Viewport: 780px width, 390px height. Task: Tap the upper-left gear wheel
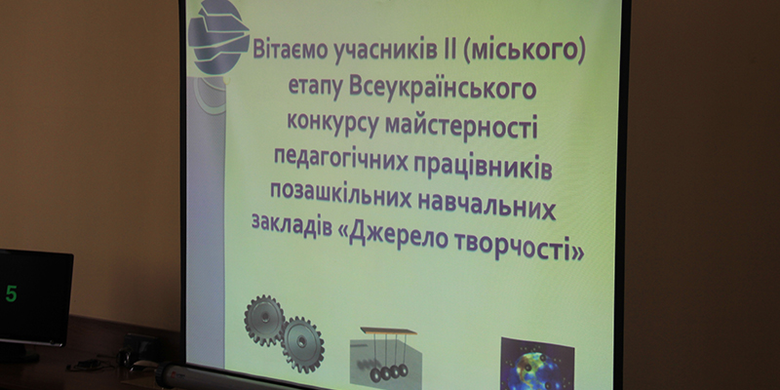[x=264, y=320]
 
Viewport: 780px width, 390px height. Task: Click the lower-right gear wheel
[x=303, y=344]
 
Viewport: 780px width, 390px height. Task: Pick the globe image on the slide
[x=537, y=365]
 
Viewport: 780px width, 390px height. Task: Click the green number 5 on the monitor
[x=11, y=294]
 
